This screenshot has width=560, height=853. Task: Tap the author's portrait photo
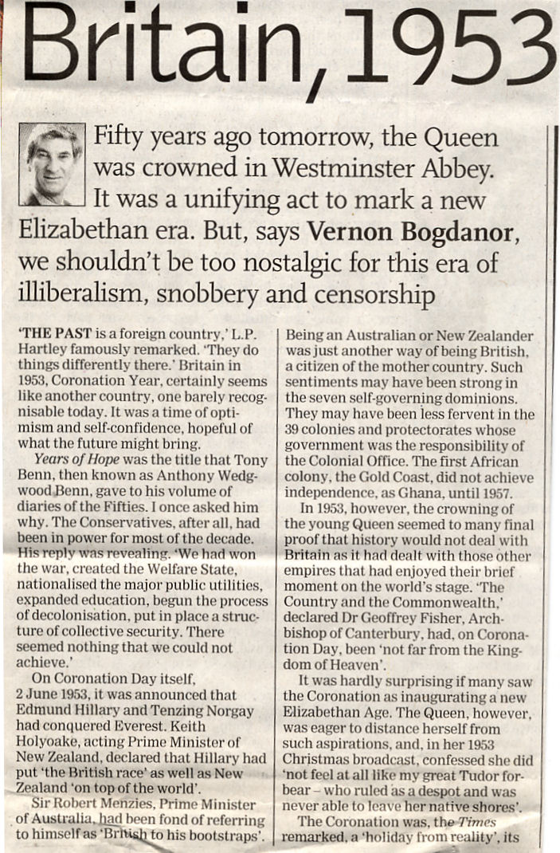[x=51, y=164]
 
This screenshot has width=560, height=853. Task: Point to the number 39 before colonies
[x=294, y=430]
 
